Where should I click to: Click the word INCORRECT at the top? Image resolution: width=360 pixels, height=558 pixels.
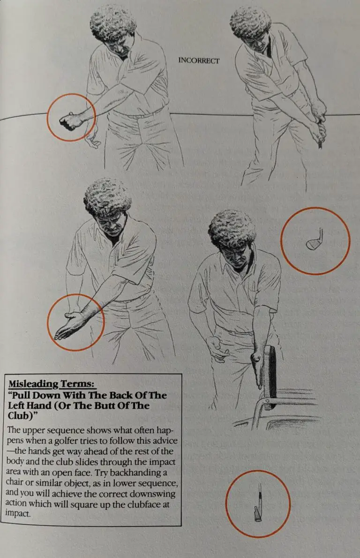pyautogui.click(x=198, y=61)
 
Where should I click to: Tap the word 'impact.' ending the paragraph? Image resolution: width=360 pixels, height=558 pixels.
pyautogui.click(x=18, y=513)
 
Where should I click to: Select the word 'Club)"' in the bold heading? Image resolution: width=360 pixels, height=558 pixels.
pyautogui.click(x=22, y=415)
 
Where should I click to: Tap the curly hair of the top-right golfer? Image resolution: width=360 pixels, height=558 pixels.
pyautogui.click(x=250, y=23)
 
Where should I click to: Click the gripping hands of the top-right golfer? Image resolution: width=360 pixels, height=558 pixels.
pyautogui.click(x=319, y=124)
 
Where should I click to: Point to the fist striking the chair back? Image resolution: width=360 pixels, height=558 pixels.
pyautogui.click(x=256, y=361)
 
